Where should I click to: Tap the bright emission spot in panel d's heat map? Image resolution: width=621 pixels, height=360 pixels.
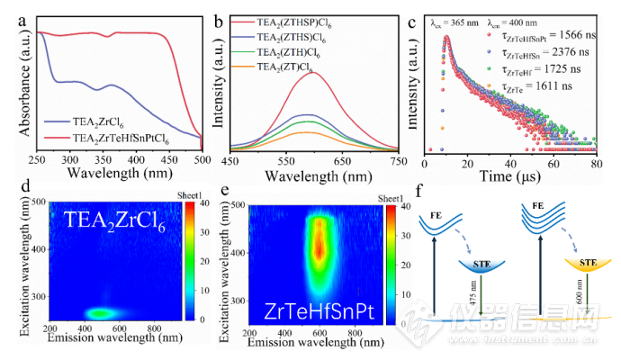101,313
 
